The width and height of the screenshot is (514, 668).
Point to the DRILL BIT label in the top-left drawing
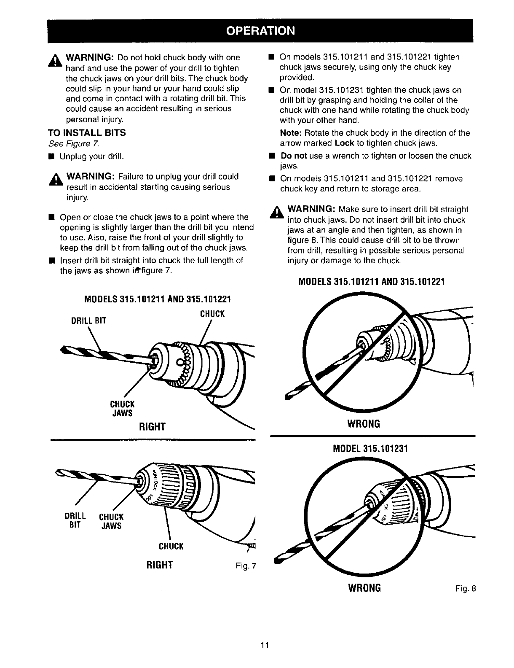[x=88, y=321]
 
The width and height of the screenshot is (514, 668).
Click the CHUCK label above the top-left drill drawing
[x=212, y=314]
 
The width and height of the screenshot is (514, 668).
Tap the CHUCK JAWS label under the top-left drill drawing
[x=122, y=408]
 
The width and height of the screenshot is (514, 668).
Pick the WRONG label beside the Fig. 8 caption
[x=364, y=588]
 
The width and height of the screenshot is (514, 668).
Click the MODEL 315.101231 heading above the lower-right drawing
[x=370, y=449]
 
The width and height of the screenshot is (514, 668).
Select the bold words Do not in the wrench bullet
[x=294, y=156]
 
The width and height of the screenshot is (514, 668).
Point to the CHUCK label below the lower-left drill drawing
[x=171, y=547]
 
